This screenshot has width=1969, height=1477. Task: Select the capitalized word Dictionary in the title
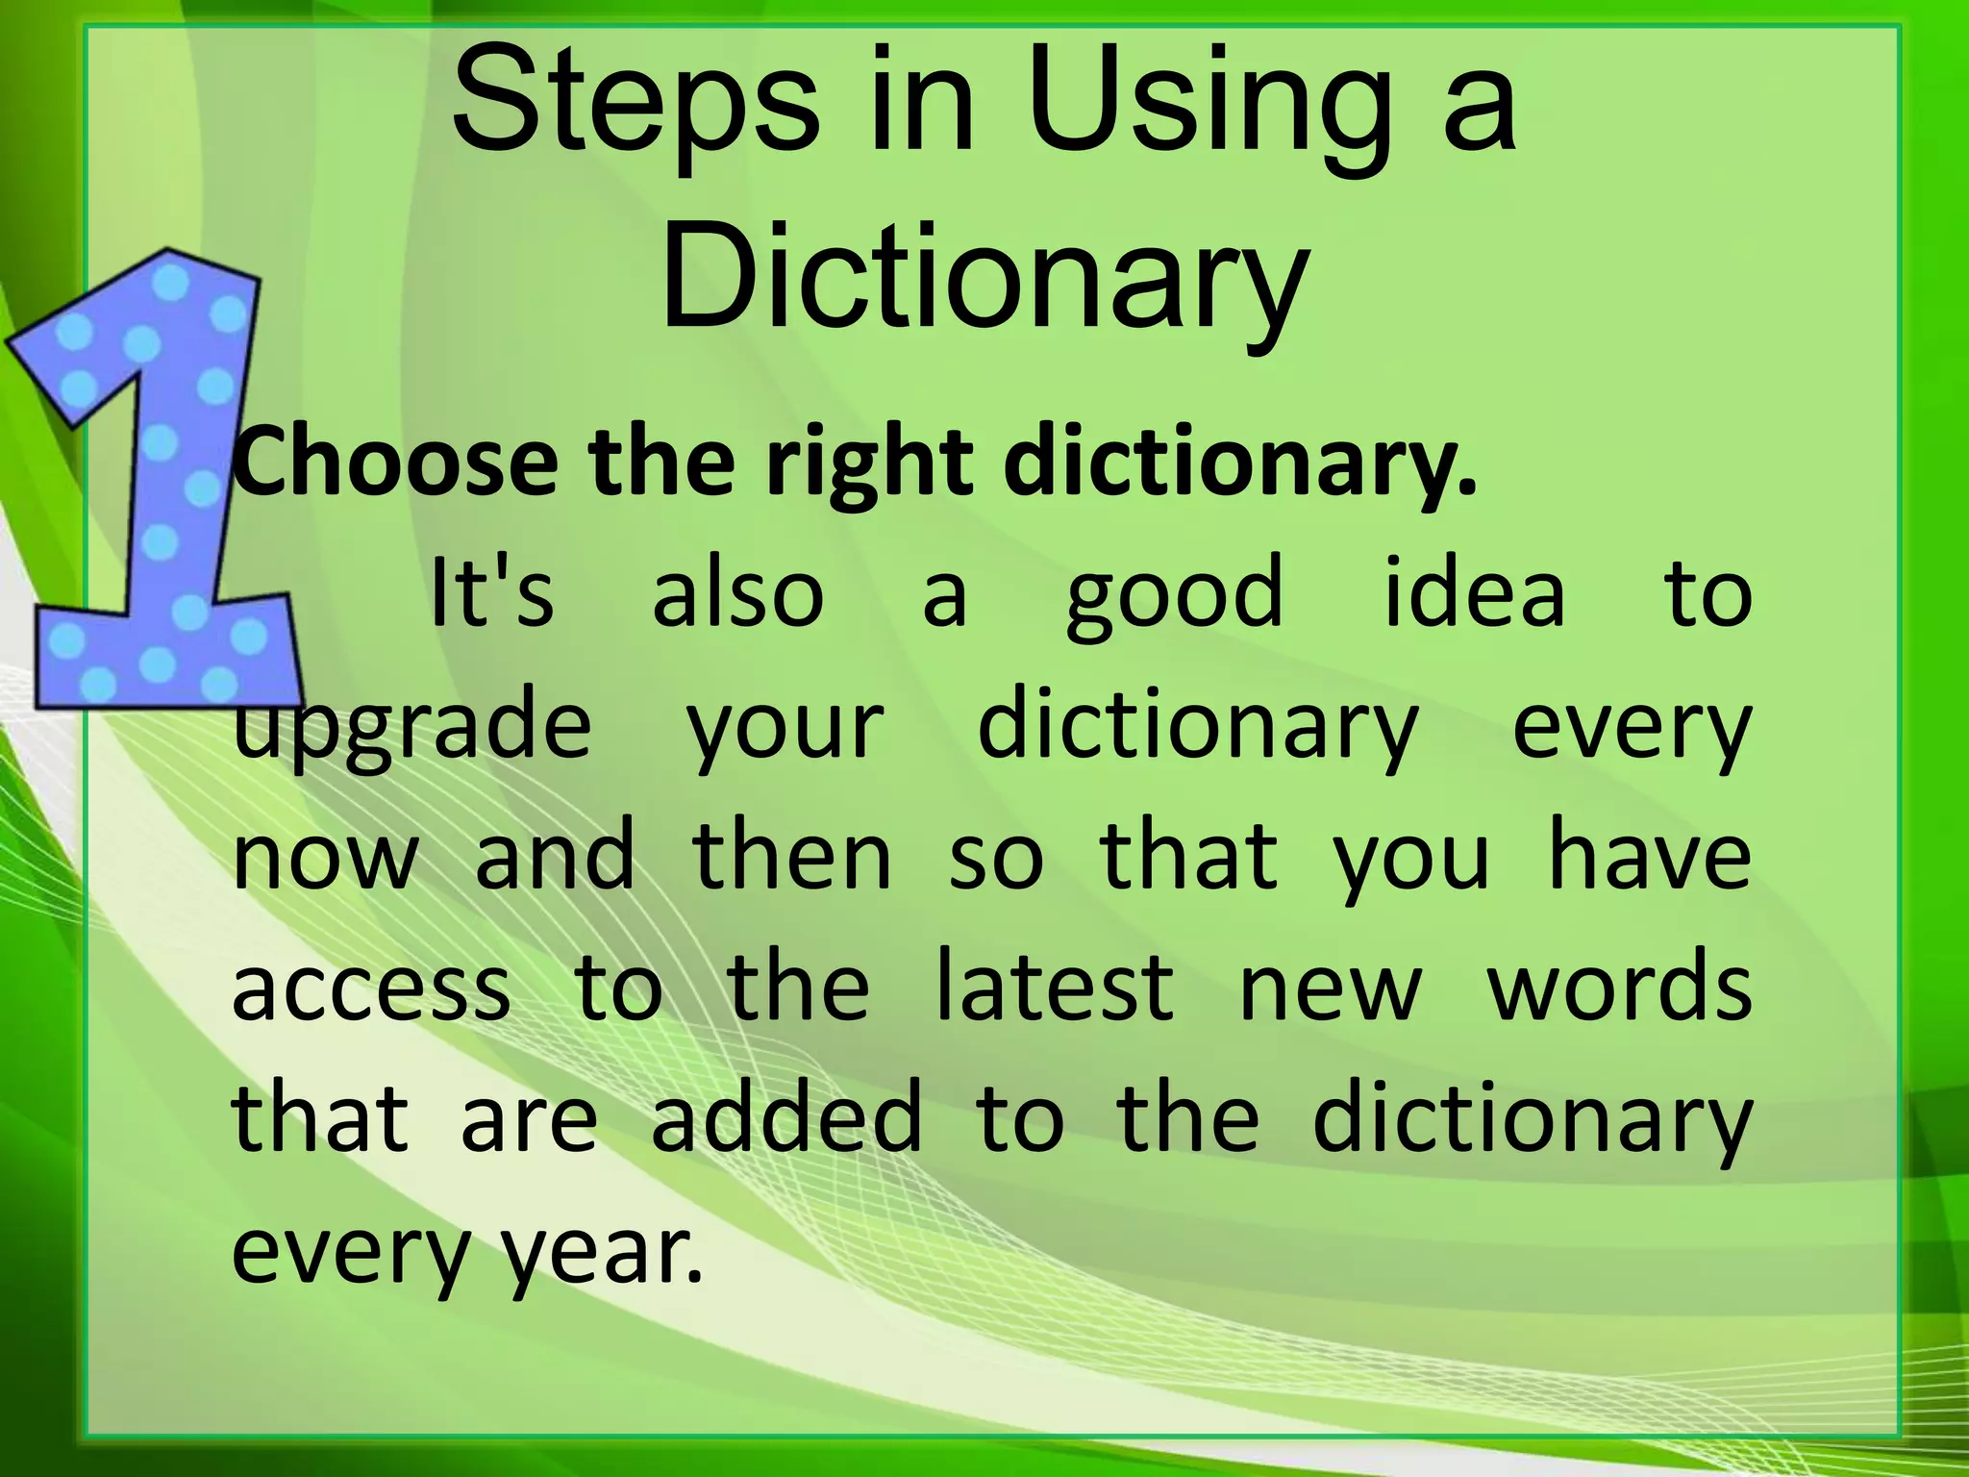pos(984,279)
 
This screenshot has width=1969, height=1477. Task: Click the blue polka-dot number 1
pos(154,481)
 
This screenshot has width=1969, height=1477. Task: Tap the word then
pos(791,856)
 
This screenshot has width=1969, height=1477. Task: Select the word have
pos(1650,856)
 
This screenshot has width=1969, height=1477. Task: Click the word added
pos(786,1118)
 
